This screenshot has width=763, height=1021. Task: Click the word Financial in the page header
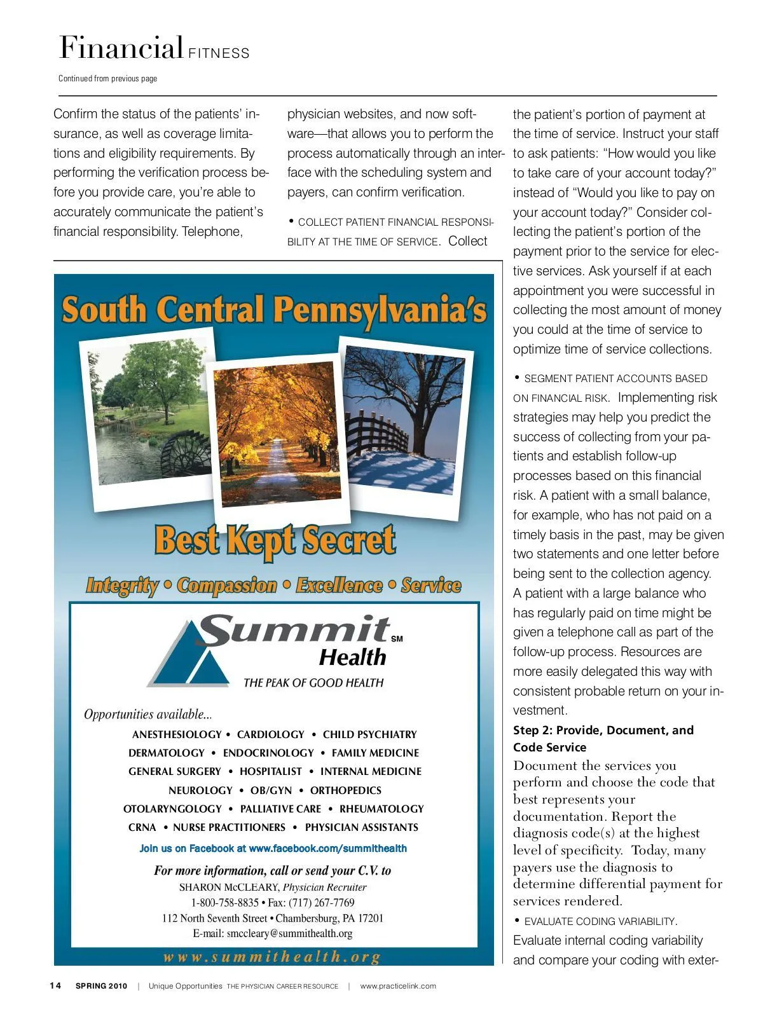(121, 48)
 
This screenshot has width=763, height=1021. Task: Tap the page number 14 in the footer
(56, 986)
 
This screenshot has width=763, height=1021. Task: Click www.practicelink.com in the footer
(398, 986)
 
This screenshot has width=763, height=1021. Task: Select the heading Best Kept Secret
(275, 540)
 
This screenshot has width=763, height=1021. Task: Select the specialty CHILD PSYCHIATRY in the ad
(369, 734)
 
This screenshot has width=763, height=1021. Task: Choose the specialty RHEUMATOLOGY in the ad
(381, 809)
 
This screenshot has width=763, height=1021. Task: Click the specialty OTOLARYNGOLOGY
(172, 809)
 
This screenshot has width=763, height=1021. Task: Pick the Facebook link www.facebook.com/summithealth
(327, 848)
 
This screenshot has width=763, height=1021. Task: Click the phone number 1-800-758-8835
(225, 903)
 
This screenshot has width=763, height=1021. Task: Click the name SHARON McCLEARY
(229, 887)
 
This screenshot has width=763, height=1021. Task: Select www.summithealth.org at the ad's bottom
(273, 957)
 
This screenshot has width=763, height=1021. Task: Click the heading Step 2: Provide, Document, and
(603, 730)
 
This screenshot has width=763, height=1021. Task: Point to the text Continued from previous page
(107, 79)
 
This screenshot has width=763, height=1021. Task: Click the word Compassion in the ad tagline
(227, 585)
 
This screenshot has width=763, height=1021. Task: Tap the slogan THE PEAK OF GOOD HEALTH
(313, 683)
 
